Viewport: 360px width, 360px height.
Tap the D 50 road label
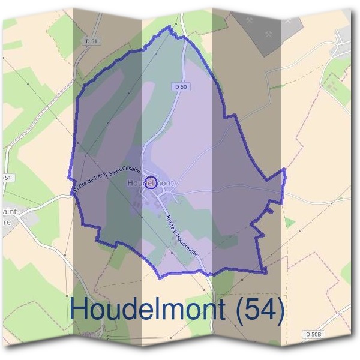click(x=181, y=87)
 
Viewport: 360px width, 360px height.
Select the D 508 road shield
click(x=313, y=334)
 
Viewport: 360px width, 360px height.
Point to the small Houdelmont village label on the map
click(x=151, y=182)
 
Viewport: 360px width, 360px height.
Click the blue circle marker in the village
click(x=151, y=184)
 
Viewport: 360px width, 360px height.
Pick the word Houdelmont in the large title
click(x=148, y=310)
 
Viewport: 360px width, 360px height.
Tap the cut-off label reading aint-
click(x=10, y=211)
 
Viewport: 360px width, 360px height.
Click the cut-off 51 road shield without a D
click(x=7, y=178)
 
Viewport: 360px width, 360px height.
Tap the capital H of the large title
click(x=80, y=310)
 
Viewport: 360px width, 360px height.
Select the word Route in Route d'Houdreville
click(x=171, y=221)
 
